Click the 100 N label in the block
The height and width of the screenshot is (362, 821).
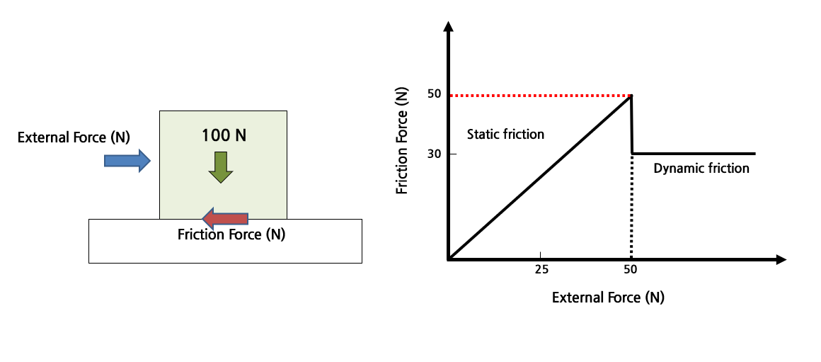click(x=223, y=135)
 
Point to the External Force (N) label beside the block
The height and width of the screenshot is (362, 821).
click(x=74, y=137)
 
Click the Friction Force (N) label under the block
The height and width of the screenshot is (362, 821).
click(x=231, y=234)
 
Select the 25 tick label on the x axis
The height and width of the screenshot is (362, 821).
click(x=541, y=269)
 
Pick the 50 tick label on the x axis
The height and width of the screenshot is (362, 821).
click(x=631, y=269)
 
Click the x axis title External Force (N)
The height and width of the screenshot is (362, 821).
click(x=608, y=298)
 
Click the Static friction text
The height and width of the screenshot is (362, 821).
click(x=506, y=134)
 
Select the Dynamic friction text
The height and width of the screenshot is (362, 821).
click(x=701, y=169)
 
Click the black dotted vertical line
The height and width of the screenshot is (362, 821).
click(x=631, y=205)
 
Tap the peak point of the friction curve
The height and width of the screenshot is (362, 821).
click(x=631, y=96)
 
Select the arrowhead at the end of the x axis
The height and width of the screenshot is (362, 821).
click(x=781, y=260)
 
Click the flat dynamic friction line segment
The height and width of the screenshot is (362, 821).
click(x=694, y=153)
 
